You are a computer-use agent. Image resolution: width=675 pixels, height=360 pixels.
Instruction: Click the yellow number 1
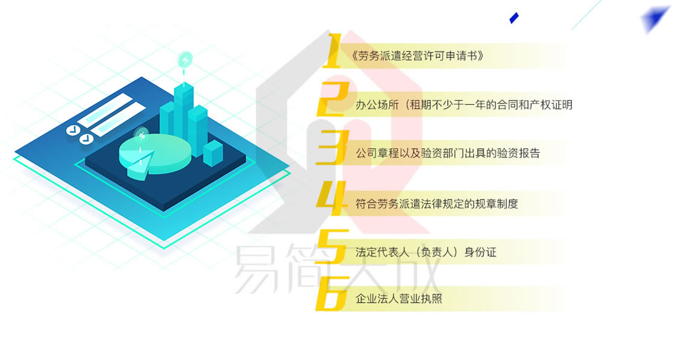pyautogui.click(x=332, y=51)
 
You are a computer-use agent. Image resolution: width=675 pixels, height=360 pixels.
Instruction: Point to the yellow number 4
pyautogui.click(x=332, y=198)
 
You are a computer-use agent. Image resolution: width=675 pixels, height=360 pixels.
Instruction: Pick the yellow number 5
pyautogui.click(x=332, y=246)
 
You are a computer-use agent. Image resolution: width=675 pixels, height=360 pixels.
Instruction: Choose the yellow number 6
pyautogui.click(x=332, y=294)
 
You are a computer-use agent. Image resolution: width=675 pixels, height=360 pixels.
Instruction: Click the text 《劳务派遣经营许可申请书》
pyautogui.click(x=417, y=56)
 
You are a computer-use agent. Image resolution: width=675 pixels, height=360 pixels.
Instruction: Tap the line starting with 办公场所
pyautogui.click(x=463, y=105)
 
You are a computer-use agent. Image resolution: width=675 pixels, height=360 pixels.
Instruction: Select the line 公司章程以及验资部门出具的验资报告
pyautogui.click(x=448, y=153)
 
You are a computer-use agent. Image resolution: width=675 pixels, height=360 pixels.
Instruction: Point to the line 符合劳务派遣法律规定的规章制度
pyautogui.click(x=436, y=203)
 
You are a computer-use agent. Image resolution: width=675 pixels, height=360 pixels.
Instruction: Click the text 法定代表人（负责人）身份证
pyautogui.click(x=425, y=252)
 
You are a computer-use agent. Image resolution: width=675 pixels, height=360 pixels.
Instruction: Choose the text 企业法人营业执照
pyautogui.click(x=398, y=298)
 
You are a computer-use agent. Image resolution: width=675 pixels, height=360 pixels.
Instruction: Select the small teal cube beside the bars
pyautogui.click(x=213, y=153)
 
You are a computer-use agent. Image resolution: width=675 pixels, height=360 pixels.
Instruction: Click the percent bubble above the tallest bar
pyautogui.click(x=185, y=60)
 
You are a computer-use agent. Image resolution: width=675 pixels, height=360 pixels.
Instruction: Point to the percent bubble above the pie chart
pyautogui.click(x=141, y=136)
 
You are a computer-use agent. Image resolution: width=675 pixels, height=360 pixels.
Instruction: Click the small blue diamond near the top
pyautogui.click(x=514, y=18)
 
